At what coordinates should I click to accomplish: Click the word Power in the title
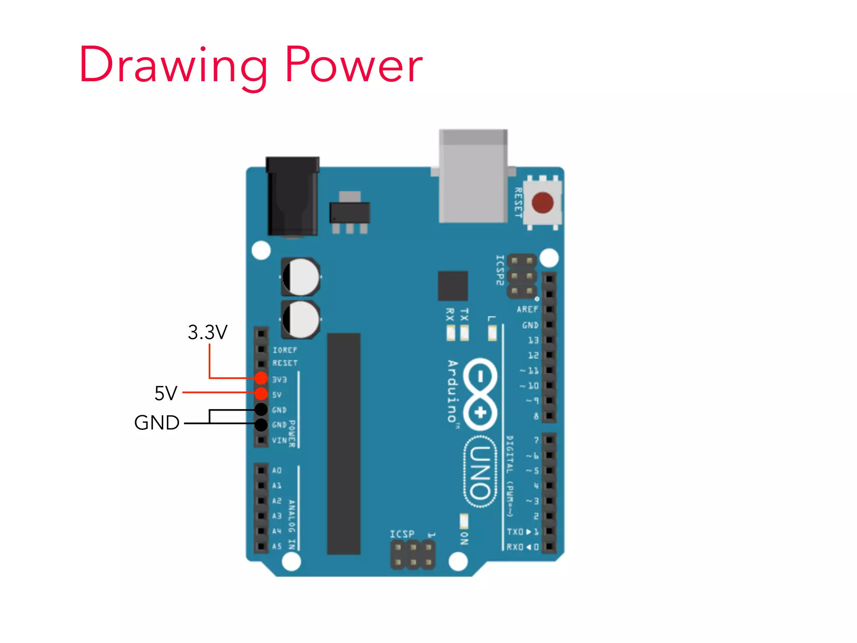[x=354, y=65]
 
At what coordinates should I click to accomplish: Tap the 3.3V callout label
[x=208, y=332]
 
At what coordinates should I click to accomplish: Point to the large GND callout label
[x=157, y=423]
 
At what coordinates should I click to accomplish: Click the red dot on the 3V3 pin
[x=261, y=378]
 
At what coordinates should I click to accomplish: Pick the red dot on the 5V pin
[x=261, y=394]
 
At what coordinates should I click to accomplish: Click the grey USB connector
[x=473, y=176]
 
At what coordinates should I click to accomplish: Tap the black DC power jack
[x=293, y=197]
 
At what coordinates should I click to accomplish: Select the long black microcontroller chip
[x=344, y=444]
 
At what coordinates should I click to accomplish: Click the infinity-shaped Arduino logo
[x=480, y=394]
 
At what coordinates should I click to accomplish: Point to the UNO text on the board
[x=480, y=472]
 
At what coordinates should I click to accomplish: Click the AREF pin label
[x=527, y=309]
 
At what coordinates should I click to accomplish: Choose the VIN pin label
[x=279, y=440]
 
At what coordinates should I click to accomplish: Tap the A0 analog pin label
[x=277, y=471]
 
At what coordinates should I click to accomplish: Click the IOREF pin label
[x=285, y=350]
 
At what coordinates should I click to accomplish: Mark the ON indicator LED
[x=464, y=522]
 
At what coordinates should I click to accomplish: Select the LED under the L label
[x=492, y=333]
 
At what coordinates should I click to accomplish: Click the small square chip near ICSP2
[x=453, y=286]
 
